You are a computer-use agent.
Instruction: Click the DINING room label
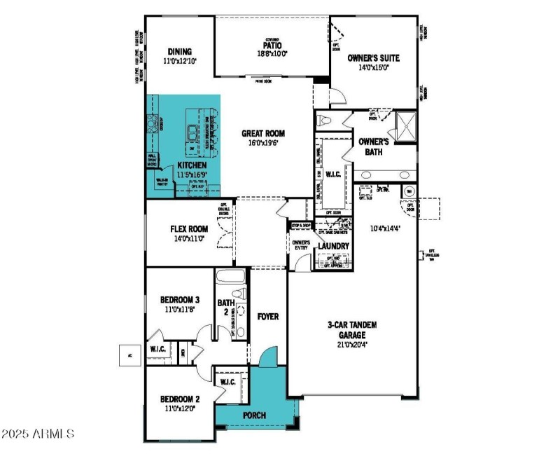(180, 52)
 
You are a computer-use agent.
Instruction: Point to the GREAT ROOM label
(263, 133)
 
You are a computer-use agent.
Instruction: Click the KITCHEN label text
(172, 165)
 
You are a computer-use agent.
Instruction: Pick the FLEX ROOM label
(189, 228)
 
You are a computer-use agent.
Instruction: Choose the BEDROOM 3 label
(180, 300)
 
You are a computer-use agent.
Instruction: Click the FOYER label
(267, 317)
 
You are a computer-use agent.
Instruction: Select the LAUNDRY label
(333, 247)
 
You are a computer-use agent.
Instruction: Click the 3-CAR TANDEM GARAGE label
(353, 330)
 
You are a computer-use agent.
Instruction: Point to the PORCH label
(254, 415)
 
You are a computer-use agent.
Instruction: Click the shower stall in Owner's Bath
(404, 126)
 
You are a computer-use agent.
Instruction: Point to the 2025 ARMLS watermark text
(39, 434)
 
